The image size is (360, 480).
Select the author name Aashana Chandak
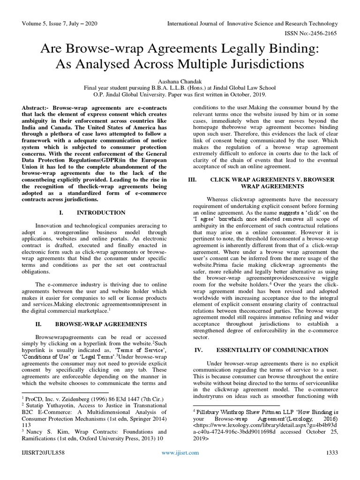[180, 80]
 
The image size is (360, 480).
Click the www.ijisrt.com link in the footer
[180, 465]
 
